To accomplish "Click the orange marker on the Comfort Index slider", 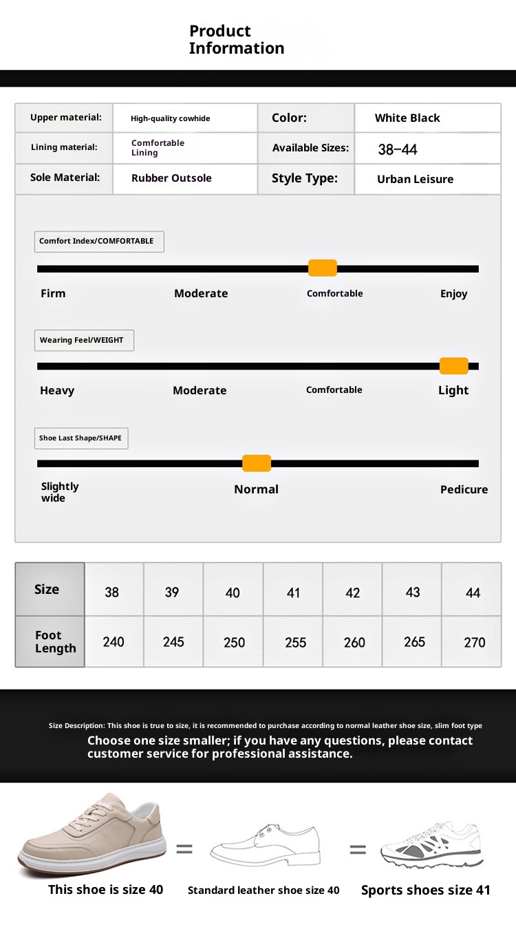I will [x=322, y=268].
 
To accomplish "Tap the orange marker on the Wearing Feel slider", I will [x=453, y=366].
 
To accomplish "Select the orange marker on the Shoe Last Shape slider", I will [x=257, y=463].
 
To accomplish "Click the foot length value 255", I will [x=295, y=642].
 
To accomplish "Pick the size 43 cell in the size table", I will [x=413, y=592].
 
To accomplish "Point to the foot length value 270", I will [x=474, y=642].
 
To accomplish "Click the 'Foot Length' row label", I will [x=55, y=641].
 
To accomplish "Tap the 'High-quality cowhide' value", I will [x=170, y=118].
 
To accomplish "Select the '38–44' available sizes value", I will [x=398, y=149].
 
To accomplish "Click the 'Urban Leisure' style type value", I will [x=415, y=179].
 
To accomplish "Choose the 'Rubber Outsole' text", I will [x=171, y=178].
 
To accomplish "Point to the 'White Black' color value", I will [x=407, y=118].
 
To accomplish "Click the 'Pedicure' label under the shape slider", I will [x=464, y=489].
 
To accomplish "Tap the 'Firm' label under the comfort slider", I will [x=53, y=293].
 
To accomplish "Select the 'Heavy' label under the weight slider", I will [x=57, y=390].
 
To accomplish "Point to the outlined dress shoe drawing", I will [x=265, y=846].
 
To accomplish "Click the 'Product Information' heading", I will [x=236, y=39].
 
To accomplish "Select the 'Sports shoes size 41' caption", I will [x=425, y=890].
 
